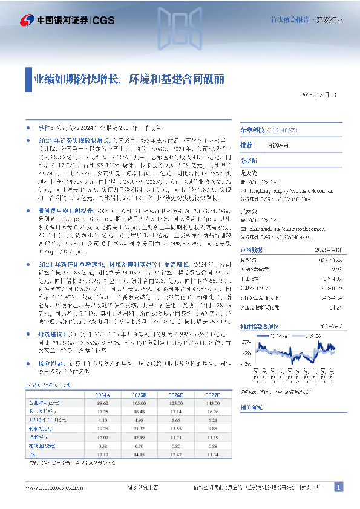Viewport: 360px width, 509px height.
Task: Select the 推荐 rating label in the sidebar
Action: (246, 146)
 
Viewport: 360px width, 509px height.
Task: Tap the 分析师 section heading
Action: (249, 162)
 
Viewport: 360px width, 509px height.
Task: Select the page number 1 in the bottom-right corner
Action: (339, 487)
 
